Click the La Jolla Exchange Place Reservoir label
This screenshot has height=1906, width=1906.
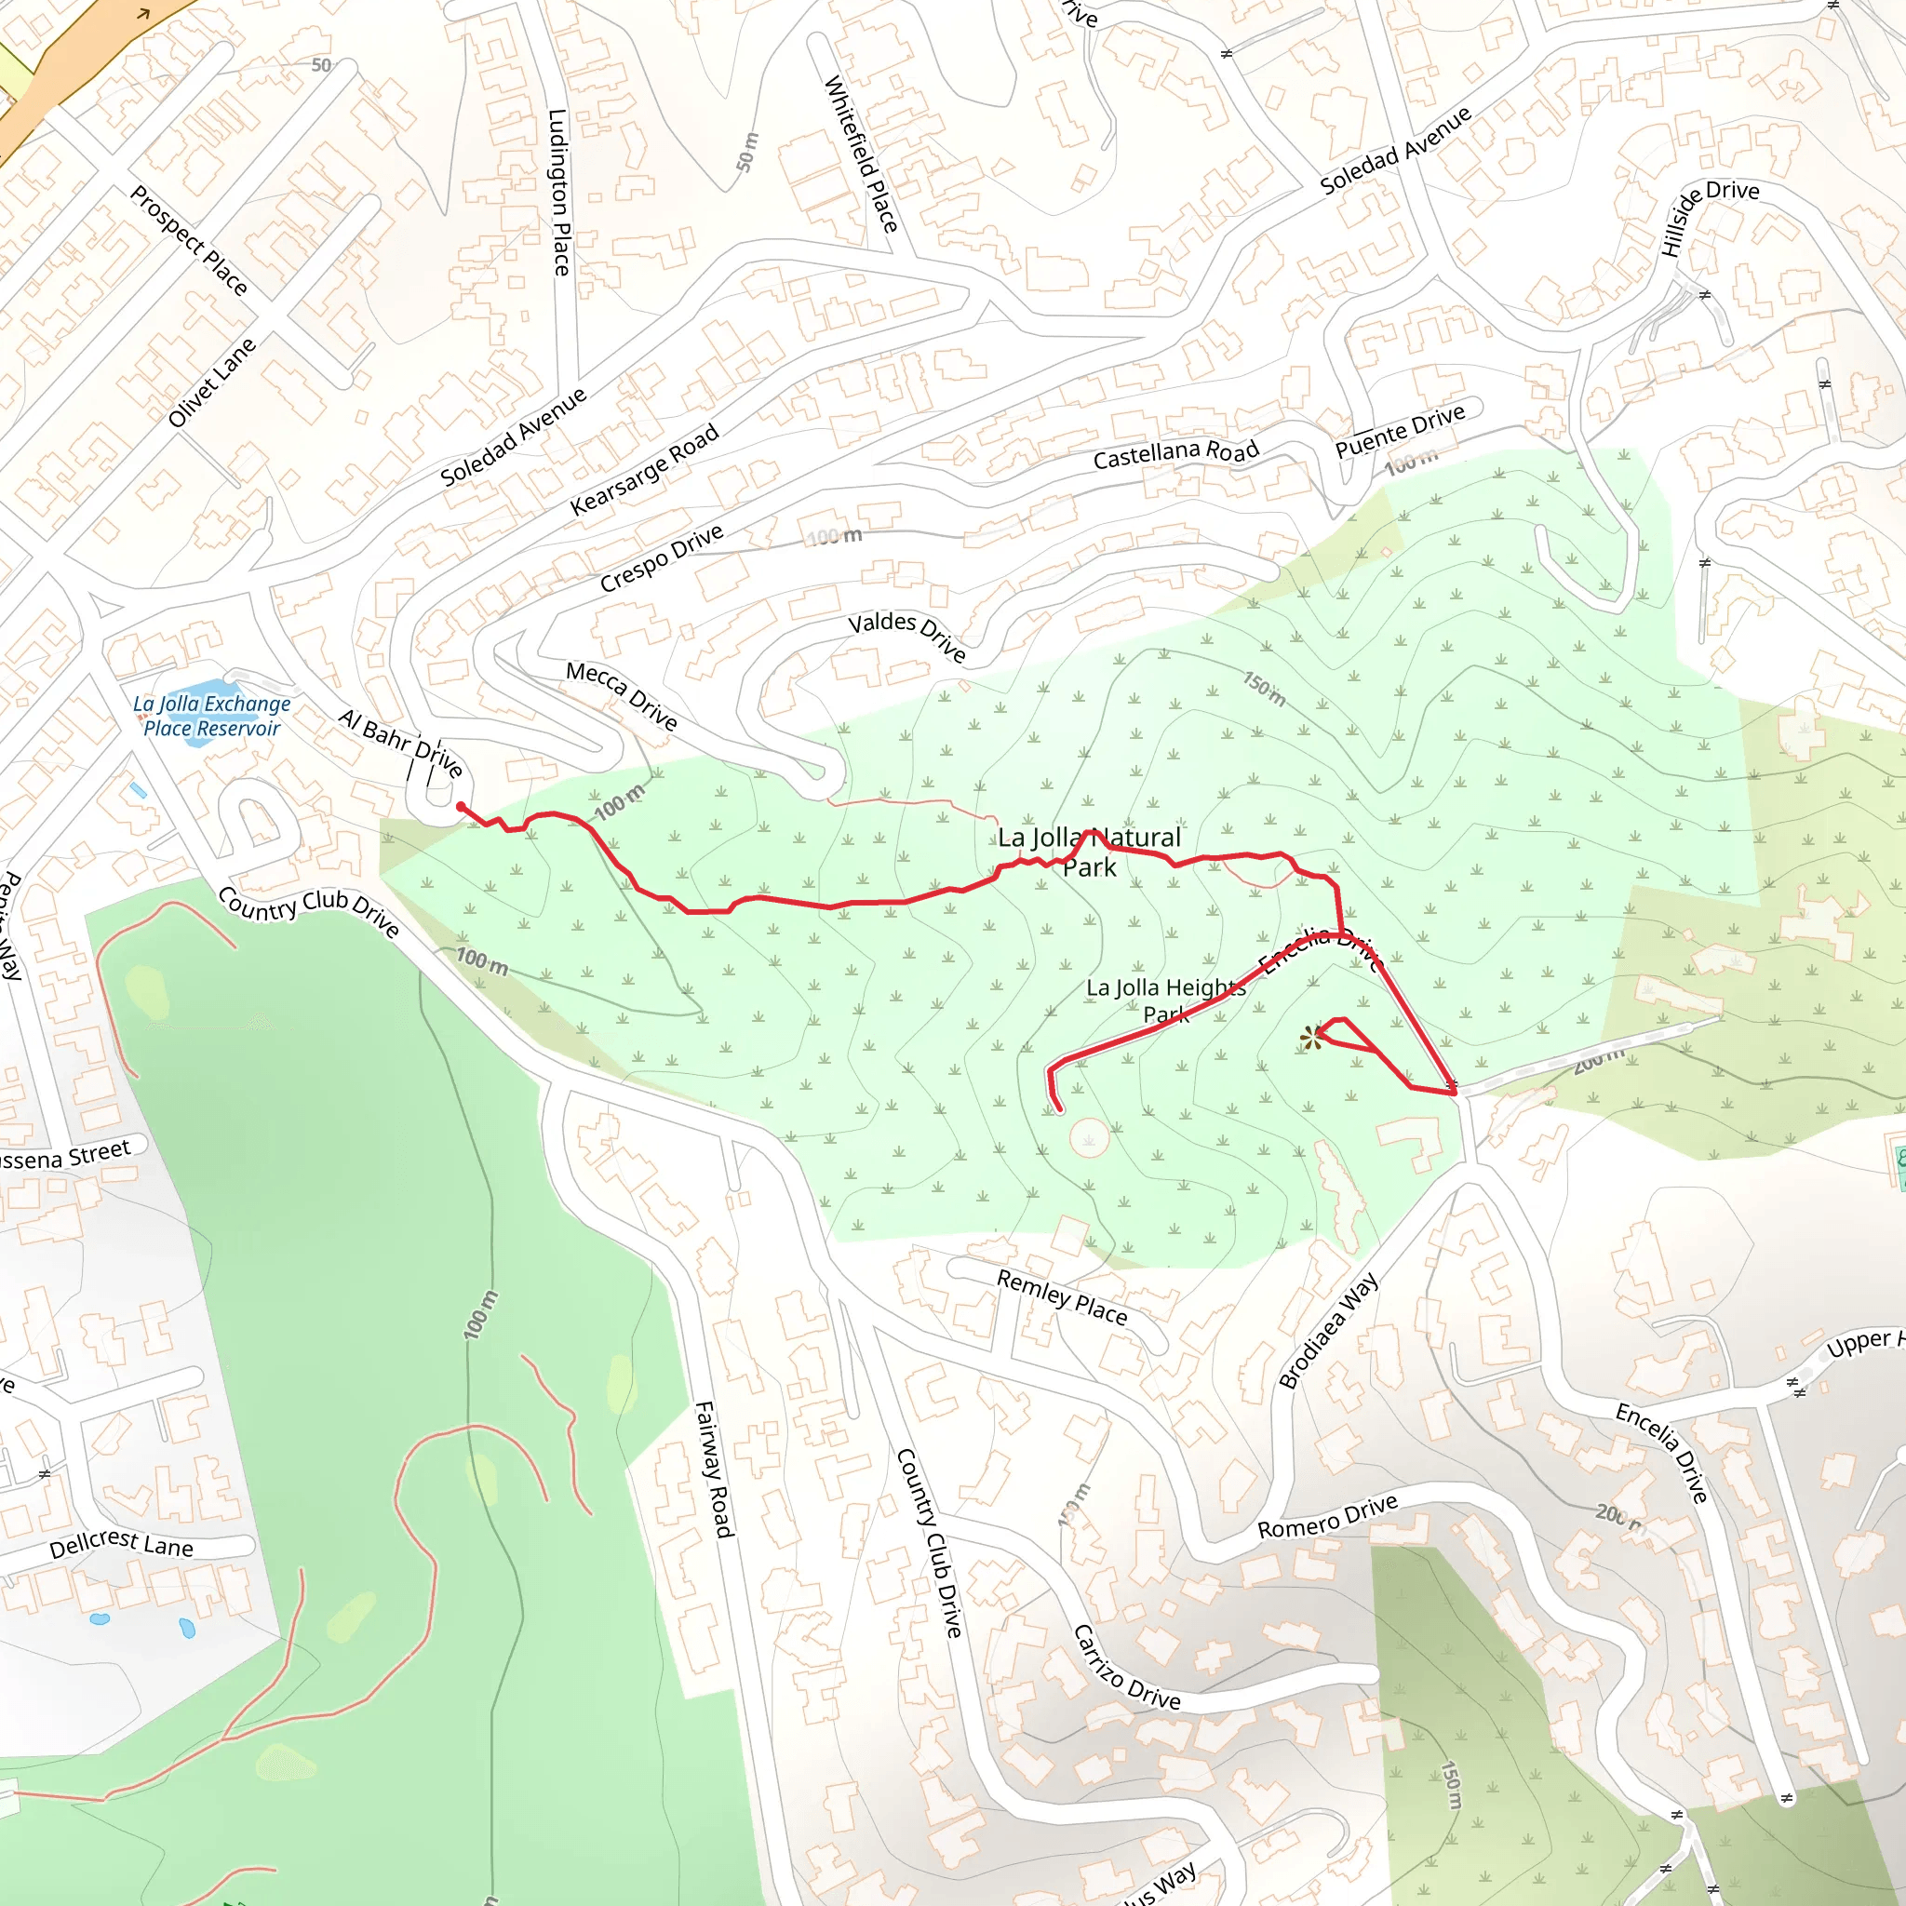click(212, 717)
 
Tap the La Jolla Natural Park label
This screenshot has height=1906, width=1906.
click(1089, 852)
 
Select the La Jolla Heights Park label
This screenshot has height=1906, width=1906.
click(1165, 1000)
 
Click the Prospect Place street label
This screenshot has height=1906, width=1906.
click(188, 241)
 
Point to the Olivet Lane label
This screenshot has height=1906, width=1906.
click(212, 383)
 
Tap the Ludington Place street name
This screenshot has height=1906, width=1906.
click(559, 193)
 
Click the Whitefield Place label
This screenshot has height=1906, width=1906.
click(861, 154)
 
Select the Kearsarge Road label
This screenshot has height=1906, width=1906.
click(644, 471)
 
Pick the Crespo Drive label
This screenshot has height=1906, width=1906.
click(662, 558)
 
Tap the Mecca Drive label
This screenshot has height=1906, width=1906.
click(622, 695)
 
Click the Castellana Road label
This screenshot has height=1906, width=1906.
click(1176, 454)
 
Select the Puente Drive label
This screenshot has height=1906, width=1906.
click(1400, 431)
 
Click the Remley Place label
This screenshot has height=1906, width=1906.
click(1062, 1296)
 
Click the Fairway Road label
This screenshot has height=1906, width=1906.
click(716, 1469)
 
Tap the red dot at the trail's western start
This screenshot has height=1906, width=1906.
click(461, 807)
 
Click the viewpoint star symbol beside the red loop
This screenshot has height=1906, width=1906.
click(1310, 1038)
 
